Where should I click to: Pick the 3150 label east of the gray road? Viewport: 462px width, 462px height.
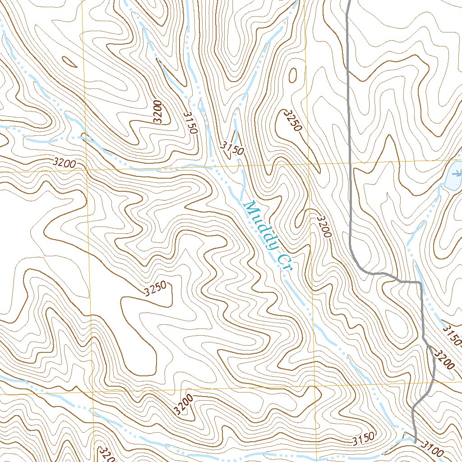point(452,336)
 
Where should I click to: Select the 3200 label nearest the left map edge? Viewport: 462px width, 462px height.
point(64,163)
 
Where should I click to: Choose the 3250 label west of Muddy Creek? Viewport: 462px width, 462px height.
point(156,289)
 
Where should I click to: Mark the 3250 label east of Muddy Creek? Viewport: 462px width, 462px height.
point(292,120)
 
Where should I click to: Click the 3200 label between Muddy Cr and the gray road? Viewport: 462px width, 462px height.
point(324,226)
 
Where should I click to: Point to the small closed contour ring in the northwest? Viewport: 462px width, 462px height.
point(69,62)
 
